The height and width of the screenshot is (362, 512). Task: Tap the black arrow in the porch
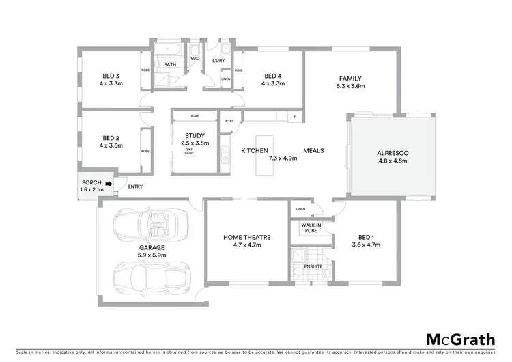(108, 183)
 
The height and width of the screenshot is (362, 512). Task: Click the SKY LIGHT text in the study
(190, 151)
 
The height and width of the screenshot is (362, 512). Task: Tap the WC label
(194, 59)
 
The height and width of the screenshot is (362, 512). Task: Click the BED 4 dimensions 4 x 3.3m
(272, 83)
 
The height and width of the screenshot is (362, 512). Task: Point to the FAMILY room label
(350, 79)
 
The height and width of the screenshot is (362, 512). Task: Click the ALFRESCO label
(392, 154)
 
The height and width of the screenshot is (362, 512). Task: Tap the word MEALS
(313, 150)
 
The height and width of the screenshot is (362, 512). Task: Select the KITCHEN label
(254, 150)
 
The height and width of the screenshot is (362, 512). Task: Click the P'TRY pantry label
(229, 122)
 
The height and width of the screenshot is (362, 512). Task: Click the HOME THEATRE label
(246, 237)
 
